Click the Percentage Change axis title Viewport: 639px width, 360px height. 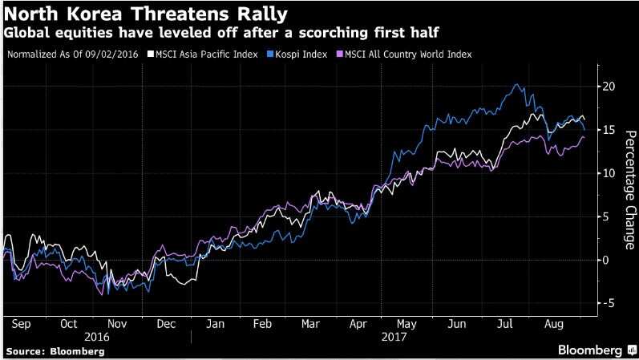629,185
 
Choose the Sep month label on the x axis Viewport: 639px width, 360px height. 22,325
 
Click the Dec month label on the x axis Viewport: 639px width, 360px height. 166,325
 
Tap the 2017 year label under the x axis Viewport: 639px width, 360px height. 394,338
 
